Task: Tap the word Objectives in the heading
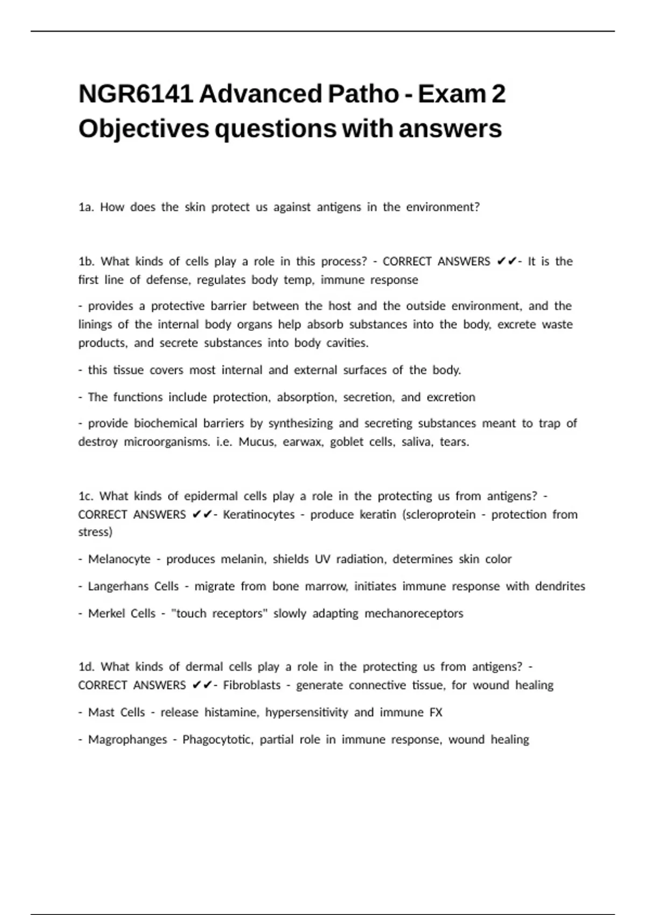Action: pyautogui.click(x=144, y=129)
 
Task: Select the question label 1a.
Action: pyautogui.click(x=86, y=207)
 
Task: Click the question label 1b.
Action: pyautogui.click(x=86, y=262)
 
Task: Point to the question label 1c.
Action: pyautogui.click(x=86, y=496)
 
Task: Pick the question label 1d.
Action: pyautogui.click(x=86, y=667)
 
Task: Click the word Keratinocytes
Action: pyautogui.click(x=259, y=515)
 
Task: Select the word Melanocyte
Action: pyautogui.click(x=119, y=559)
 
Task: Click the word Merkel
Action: pyautogui.click(x=106, y=614)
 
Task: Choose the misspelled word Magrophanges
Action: pyautogui.click(x=128, y=740)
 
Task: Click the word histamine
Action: pyautogui.click(x=231, y=713)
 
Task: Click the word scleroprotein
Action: pyautogui.click(x=439, y=515)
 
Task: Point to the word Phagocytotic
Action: pyautogui.click(x=217, y=740)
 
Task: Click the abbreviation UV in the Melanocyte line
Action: pyautogui.click(x=322, y=559)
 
